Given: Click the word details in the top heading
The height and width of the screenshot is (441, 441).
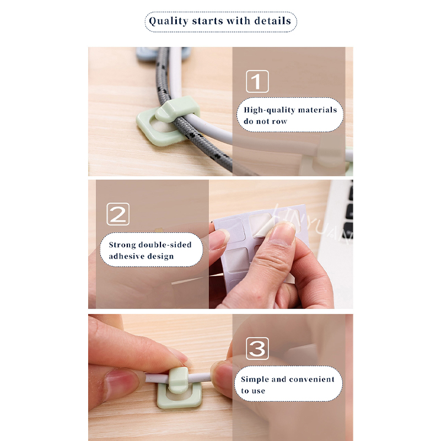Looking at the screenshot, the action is click(x=272, y=21).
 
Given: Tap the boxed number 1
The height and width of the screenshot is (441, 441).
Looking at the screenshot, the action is click(x=257, y=82).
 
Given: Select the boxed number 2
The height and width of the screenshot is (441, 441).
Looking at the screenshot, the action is click(x=118, y=214).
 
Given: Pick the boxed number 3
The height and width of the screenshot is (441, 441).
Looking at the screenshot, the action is click(x=257, y=348).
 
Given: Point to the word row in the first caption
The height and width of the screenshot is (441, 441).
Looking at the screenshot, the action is click(x=279, y=121).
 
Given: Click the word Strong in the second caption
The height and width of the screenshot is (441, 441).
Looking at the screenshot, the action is click(x=122, y=245).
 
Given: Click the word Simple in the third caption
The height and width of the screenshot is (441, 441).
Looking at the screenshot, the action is click(x=255, y=380).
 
